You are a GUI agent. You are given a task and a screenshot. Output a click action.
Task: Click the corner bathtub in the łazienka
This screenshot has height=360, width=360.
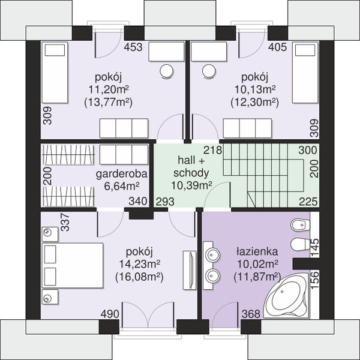pos(286,296)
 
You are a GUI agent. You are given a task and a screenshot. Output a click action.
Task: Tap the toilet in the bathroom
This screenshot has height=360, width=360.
pos(300,245)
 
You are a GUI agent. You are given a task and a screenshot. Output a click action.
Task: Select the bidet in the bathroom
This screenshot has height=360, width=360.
pos(300,225)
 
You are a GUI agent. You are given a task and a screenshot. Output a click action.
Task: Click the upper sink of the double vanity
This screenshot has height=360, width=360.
pos(214,254)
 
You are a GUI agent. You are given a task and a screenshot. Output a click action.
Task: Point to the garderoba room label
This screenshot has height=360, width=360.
pos(121,174)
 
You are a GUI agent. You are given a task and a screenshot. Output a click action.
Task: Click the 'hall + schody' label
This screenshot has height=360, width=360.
pos(191,166)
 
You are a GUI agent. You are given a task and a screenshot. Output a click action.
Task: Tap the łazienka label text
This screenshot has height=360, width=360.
pos(257,251)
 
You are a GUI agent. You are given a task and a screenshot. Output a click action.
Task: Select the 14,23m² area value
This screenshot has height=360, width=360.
pos(139,264)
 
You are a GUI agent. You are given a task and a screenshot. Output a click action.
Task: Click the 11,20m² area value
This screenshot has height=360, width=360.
pos(109,89)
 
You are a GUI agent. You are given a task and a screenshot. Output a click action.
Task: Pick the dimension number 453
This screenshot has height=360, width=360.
pos(133,47)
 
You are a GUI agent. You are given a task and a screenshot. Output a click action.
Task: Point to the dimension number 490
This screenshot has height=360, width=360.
pos(110,314)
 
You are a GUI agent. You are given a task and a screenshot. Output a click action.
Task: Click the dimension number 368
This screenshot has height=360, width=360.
pos(251,314)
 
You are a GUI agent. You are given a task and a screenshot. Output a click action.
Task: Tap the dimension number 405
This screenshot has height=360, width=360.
pos(278,47)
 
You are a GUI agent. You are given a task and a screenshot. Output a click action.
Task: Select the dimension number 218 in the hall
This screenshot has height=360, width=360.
pos(213,150)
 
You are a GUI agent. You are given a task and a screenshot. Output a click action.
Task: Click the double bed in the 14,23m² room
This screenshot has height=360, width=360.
pos(72,265)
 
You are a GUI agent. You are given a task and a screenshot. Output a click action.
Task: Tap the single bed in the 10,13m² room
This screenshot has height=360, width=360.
pos(305,73)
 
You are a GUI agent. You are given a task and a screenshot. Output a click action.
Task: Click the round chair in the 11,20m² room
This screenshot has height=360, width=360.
pos(166,71)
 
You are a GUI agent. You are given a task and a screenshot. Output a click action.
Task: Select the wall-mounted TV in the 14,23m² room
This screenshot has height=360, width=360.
pos(190,270)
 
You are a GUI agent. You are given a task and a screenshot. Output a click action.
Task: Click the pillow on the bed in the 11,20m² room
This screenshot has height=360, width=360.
pos(55,50)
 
